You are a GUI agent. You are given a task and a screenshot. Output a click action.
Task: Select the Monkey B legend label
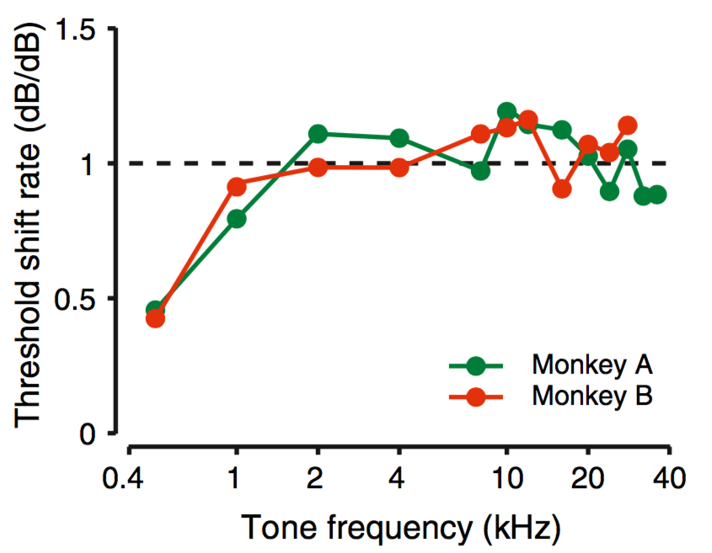click(x=592, y=394)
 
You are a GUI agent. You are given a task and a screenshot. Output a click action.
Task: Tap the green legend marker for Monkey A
click(x=476, y=366)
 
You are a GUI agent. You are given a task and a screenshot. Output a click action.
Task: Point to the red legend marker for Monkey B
click(x=476, y=396)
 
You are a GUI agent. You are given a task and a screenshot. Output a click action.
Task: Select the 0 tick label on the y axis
click(x=87, y=435)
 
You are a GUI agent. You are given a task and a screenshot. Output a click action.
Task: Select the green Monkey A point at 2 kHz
click(x=318, y=134)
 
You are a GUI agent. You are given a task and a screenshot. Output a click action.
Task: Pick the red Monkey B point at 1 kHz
click(x=237, y=186)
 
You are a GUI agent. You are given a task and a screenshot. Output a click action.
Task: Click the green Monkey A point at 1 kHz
click(x=237, y=219)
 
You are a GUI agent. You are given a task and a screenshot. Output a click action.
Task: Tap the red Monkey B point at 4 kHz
click(x=399, y=167)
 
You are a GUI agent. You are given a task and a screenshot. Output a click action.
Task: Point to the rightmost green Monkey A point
click(x=657, y=195)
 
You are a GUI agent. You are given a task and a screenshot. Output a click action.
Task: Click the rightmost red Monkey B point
click(x=627, y=125)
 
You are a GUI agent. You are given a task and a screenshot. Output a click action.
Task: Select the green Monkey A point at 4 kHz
click(x=399, y=138)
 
